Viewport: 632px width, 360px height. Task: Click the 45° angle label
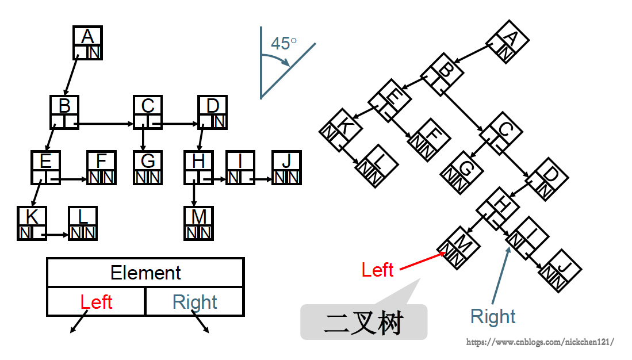(x=284, y=44)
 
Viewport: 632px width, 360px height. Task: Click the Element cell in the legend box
(x=145, y=273)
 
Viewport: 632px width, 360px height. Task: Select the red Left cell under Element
(x=96, y=302)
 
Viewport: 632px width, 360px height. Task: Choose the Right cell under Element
(x=195, y=302)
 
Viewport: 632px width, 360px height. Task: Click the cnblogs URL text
(x=540, y=342)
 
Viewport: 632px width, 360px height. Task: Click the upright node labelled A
(x=87, y=43)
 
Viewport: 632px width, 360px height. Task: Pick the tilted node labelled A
(x=507, y=42)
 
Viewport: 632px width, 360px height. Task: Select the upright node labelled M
(x=199, y=223)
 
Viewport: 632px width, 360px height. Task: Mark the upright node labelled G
(x=148, y=167)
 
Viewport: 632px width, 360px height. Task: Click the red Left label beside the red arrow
(x=377, y=270)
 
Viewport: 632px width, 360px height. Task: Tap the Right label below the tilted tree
(x=493, y=316)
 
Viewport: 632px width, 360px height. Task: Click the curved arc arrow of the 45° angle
(x=277, y=60)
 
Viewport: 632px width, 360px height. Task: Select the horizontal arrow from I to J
(x=263, y=179)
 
